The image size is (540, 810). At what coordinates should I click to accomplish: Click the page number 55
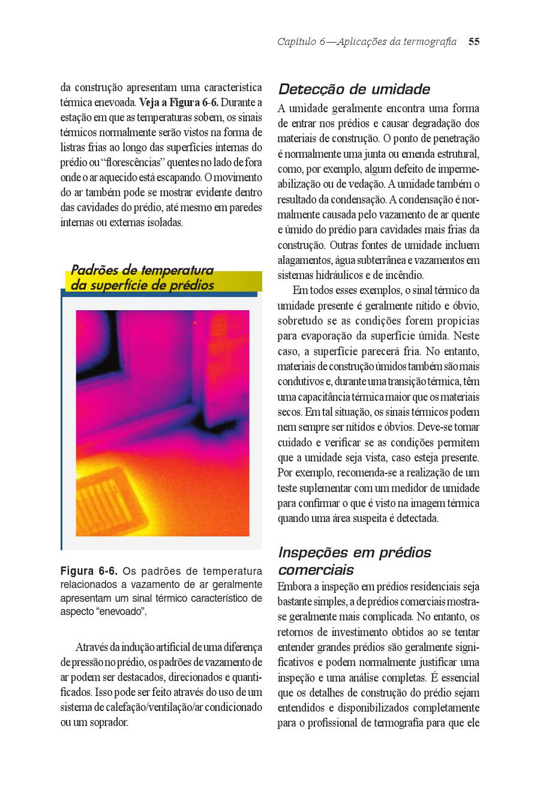click(x=474, y=41)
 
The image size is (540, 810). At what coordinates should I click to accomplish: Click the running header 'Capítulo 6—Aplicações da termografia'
click(x=367, y=41)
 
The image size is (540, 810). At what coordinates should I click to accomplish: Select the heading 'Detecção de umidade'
click(x=354, y=89)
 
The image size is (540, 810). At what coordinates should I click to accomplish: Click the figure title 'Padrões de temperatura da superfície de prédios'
click(x=142, y=278)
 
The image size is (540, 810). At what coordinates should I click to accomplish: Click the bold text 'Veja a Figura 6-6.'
click(x=178, y=103)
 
